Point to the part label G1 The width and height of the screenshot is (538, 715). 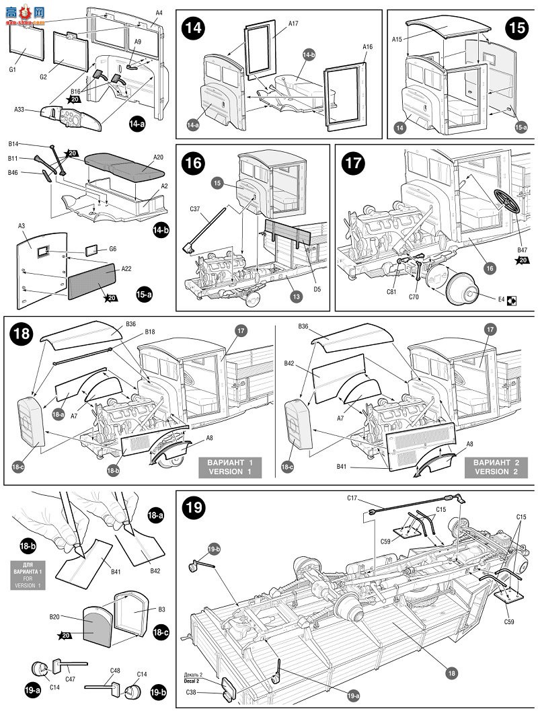(13, 69)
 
